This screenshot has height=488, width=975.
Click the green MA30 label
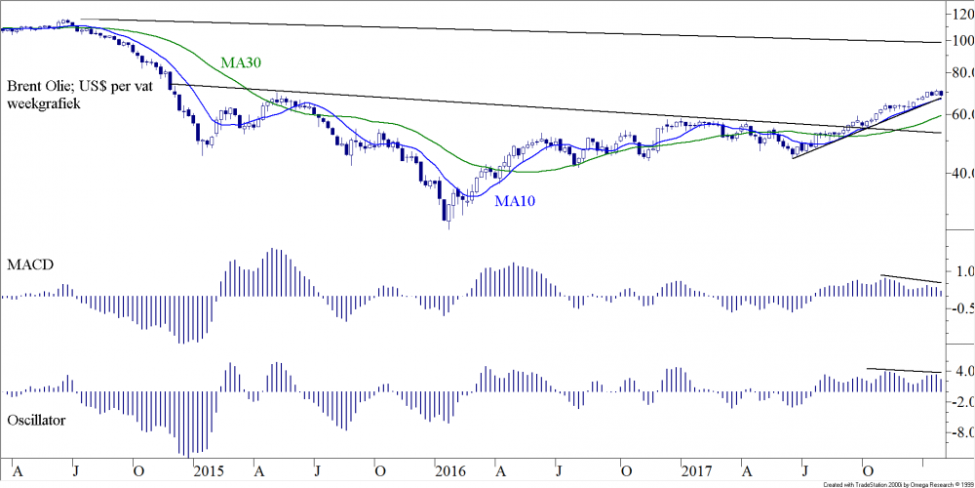point(242,63)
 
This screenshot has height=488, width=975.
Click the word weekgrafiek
point(47,102)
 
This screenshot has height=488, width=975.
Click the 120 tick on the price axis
point(962,16)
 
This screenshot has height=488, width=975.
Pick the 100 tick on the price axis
point(962,41)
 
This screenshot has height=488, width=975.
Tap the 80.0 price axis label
point(962,73)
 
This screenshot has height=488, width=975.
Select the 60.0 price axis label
point(962,114)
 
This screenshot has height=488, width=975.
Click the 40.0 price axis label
point(962,173)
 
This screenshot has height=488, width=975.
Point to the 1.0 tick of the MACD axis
point(962,271)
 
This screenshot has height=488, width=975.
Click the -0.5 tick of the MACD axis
point(960,308)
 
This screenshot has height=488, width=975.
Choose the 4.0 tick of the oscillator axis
point(962,372)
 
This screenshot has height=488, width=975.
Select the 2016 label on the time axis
point(449,469)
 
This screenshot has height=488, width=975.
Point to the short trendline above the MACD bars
point(912,280)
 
